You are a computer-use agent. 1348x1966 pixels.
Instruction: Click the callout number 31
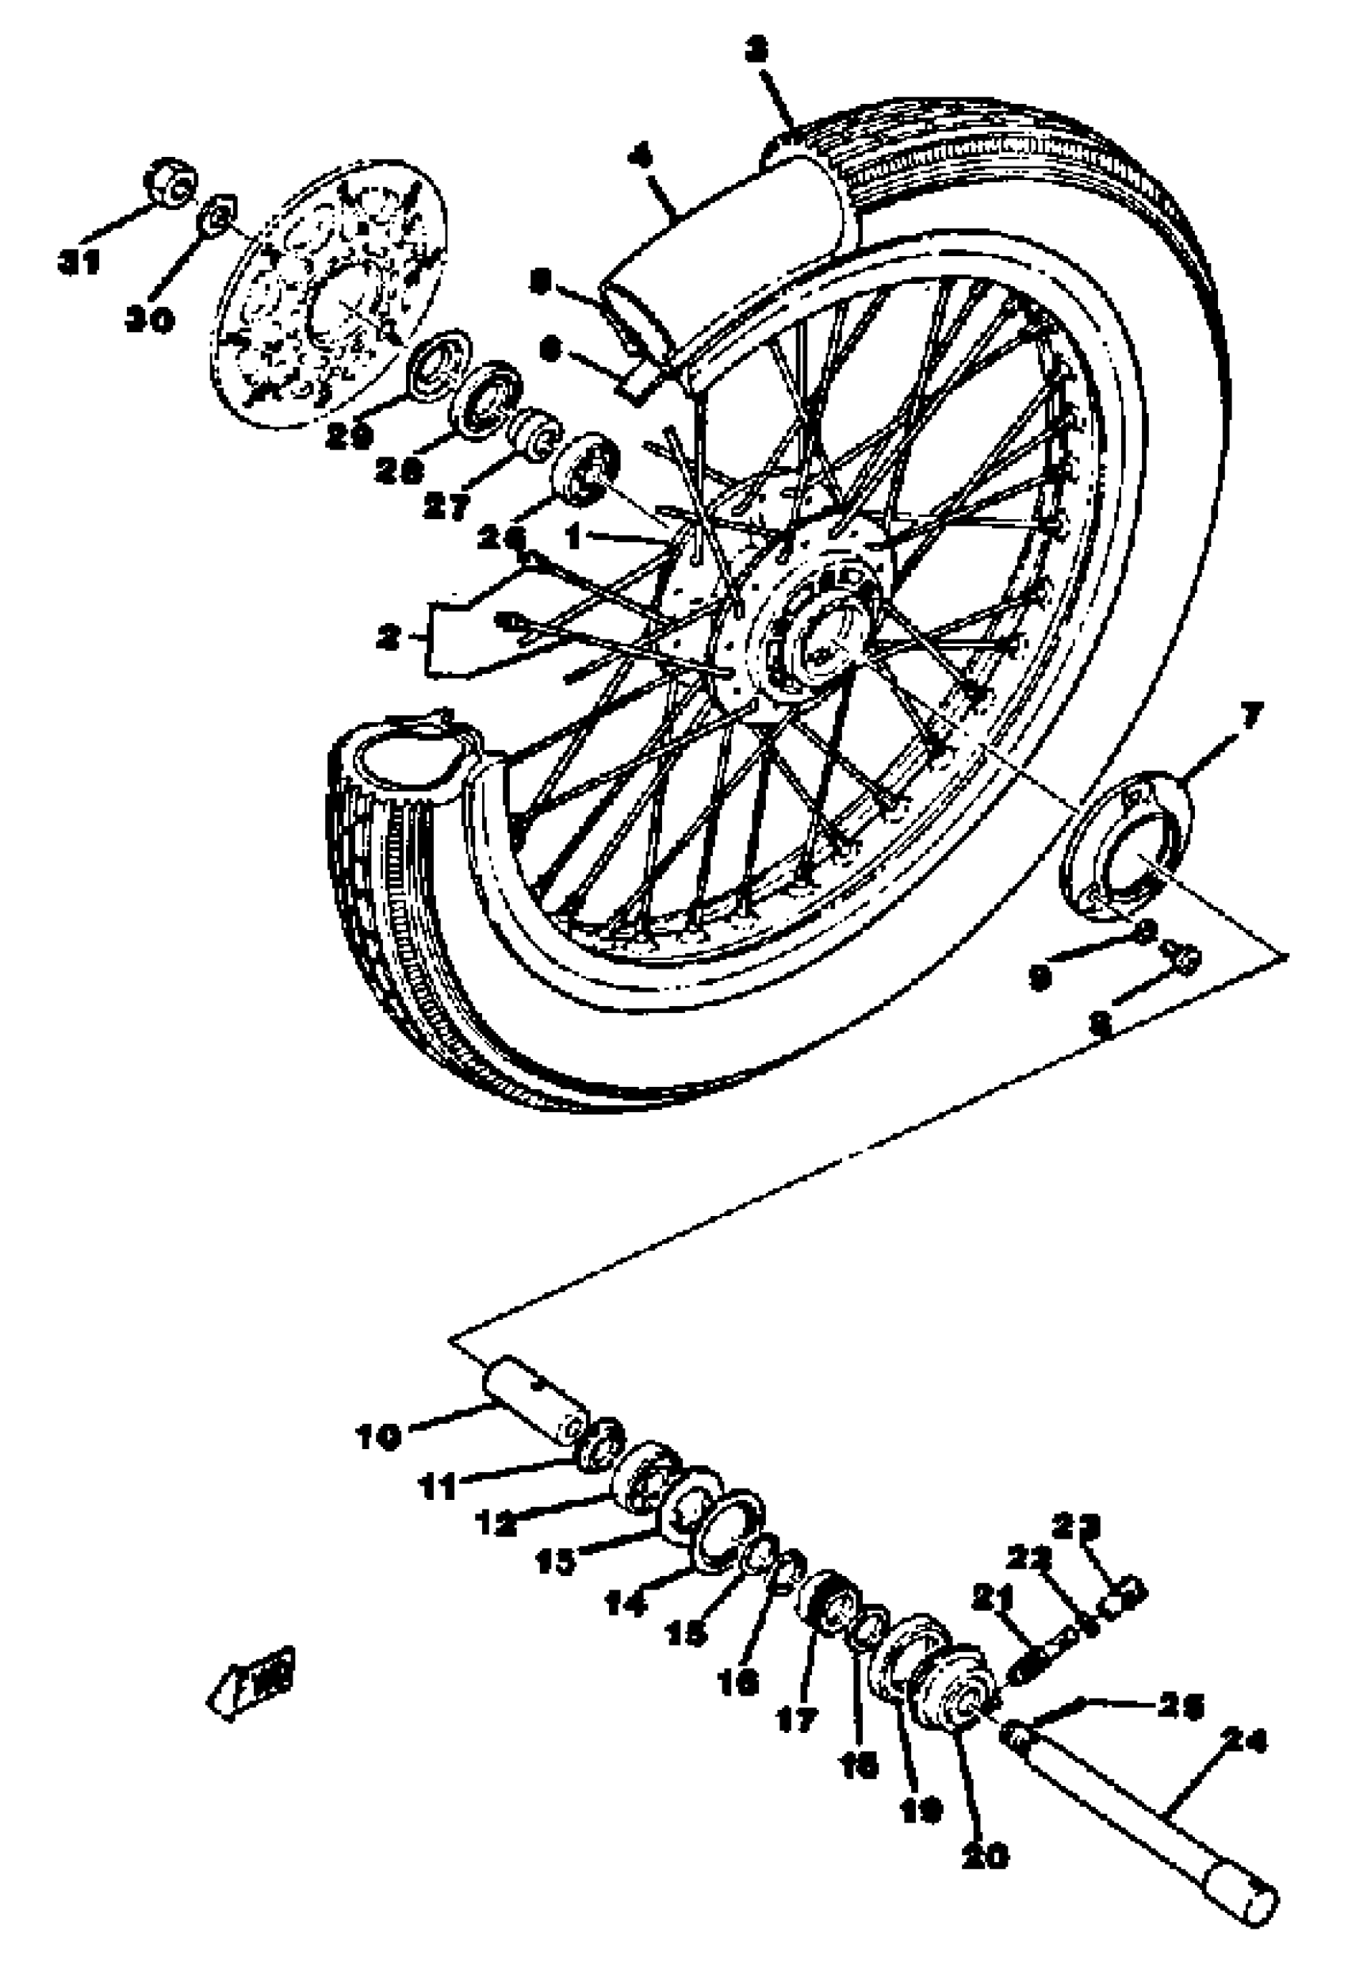[78, 263]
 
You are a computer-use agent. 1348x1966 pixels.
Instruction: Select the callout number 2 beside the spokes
[389, 639]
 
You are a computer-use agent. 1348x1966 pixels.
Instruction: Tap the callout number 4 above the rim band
[641, 159]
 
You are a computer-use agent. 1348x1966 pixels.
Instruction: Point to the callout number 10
[377, 1436]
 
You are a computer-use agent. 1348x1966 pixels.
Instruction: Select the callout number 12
[495, 1524]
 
